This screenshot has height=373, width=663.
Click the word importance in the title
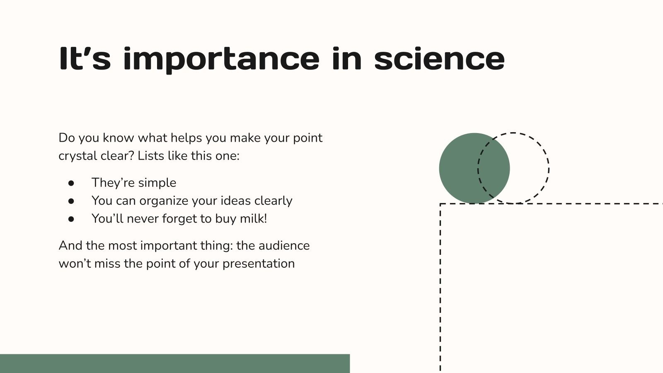click(x=221, y=59)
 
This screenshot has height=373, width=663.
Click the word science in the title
click(x=439, y=59)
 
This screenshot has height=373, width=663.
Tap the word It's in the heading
click(x=85, y=59)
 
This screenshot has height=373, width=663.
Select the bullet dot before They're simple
click(x=71, y=183)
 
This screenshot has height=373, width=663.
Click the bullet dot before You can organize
click(x=71, y=201)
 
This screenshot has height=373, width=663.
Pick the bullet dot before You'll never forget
click(x=71, y=219)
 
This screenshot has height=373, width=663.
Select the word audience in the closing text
click(x=284, y=245)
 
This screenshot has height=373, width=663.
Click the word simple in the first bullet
click(x=157, y=183)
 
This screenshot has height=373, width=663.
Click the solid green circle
click(x=460, y=168)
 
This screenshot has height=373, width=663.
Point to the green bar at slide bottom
click(x=174, y=363)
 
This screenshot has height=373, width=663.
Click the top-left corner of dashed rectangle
click(x=440, y=203)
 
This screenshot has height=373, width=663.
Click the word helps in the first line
click(x=186, y=138)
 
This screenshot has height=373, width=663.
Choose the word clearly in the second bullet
click(x=273, y=201)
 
